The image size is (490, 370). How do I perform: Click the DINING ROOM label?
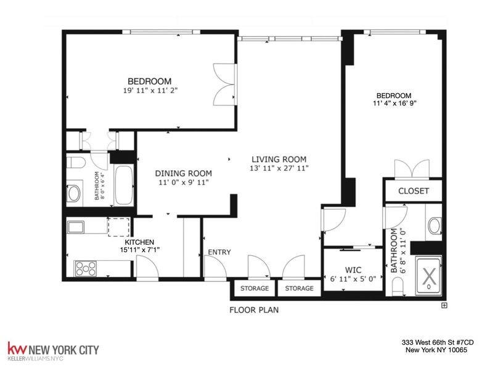click(183, 173)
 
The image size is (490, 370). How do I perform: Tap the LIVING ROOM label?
click(278, 158)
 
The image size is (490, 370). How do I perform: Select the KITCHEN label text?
click(137, 242)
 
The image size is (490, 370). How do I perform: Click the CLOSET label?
click(414, 191)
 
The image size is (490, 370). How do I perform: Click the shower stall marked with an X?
click(429, 276)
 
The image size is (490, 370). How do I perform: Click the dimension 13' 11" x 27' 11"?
click(278, 168)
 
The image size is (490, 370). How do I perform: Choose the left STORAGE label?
click(254, 289)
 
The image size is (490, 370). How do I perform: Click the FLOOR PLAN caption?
click(253, 310)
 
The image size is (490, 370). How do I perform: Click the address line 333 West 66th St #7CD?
click(438, 343)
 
